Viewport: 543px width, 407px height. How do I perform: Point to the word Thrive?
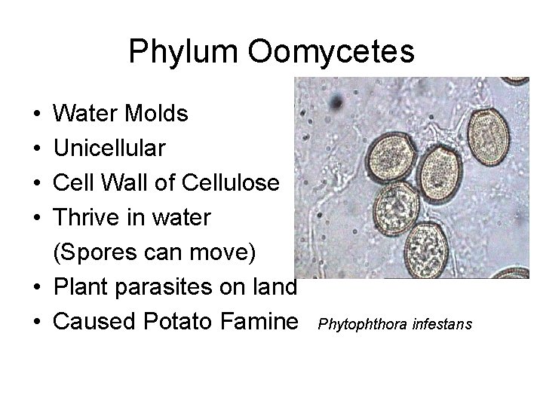point(87,218)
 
